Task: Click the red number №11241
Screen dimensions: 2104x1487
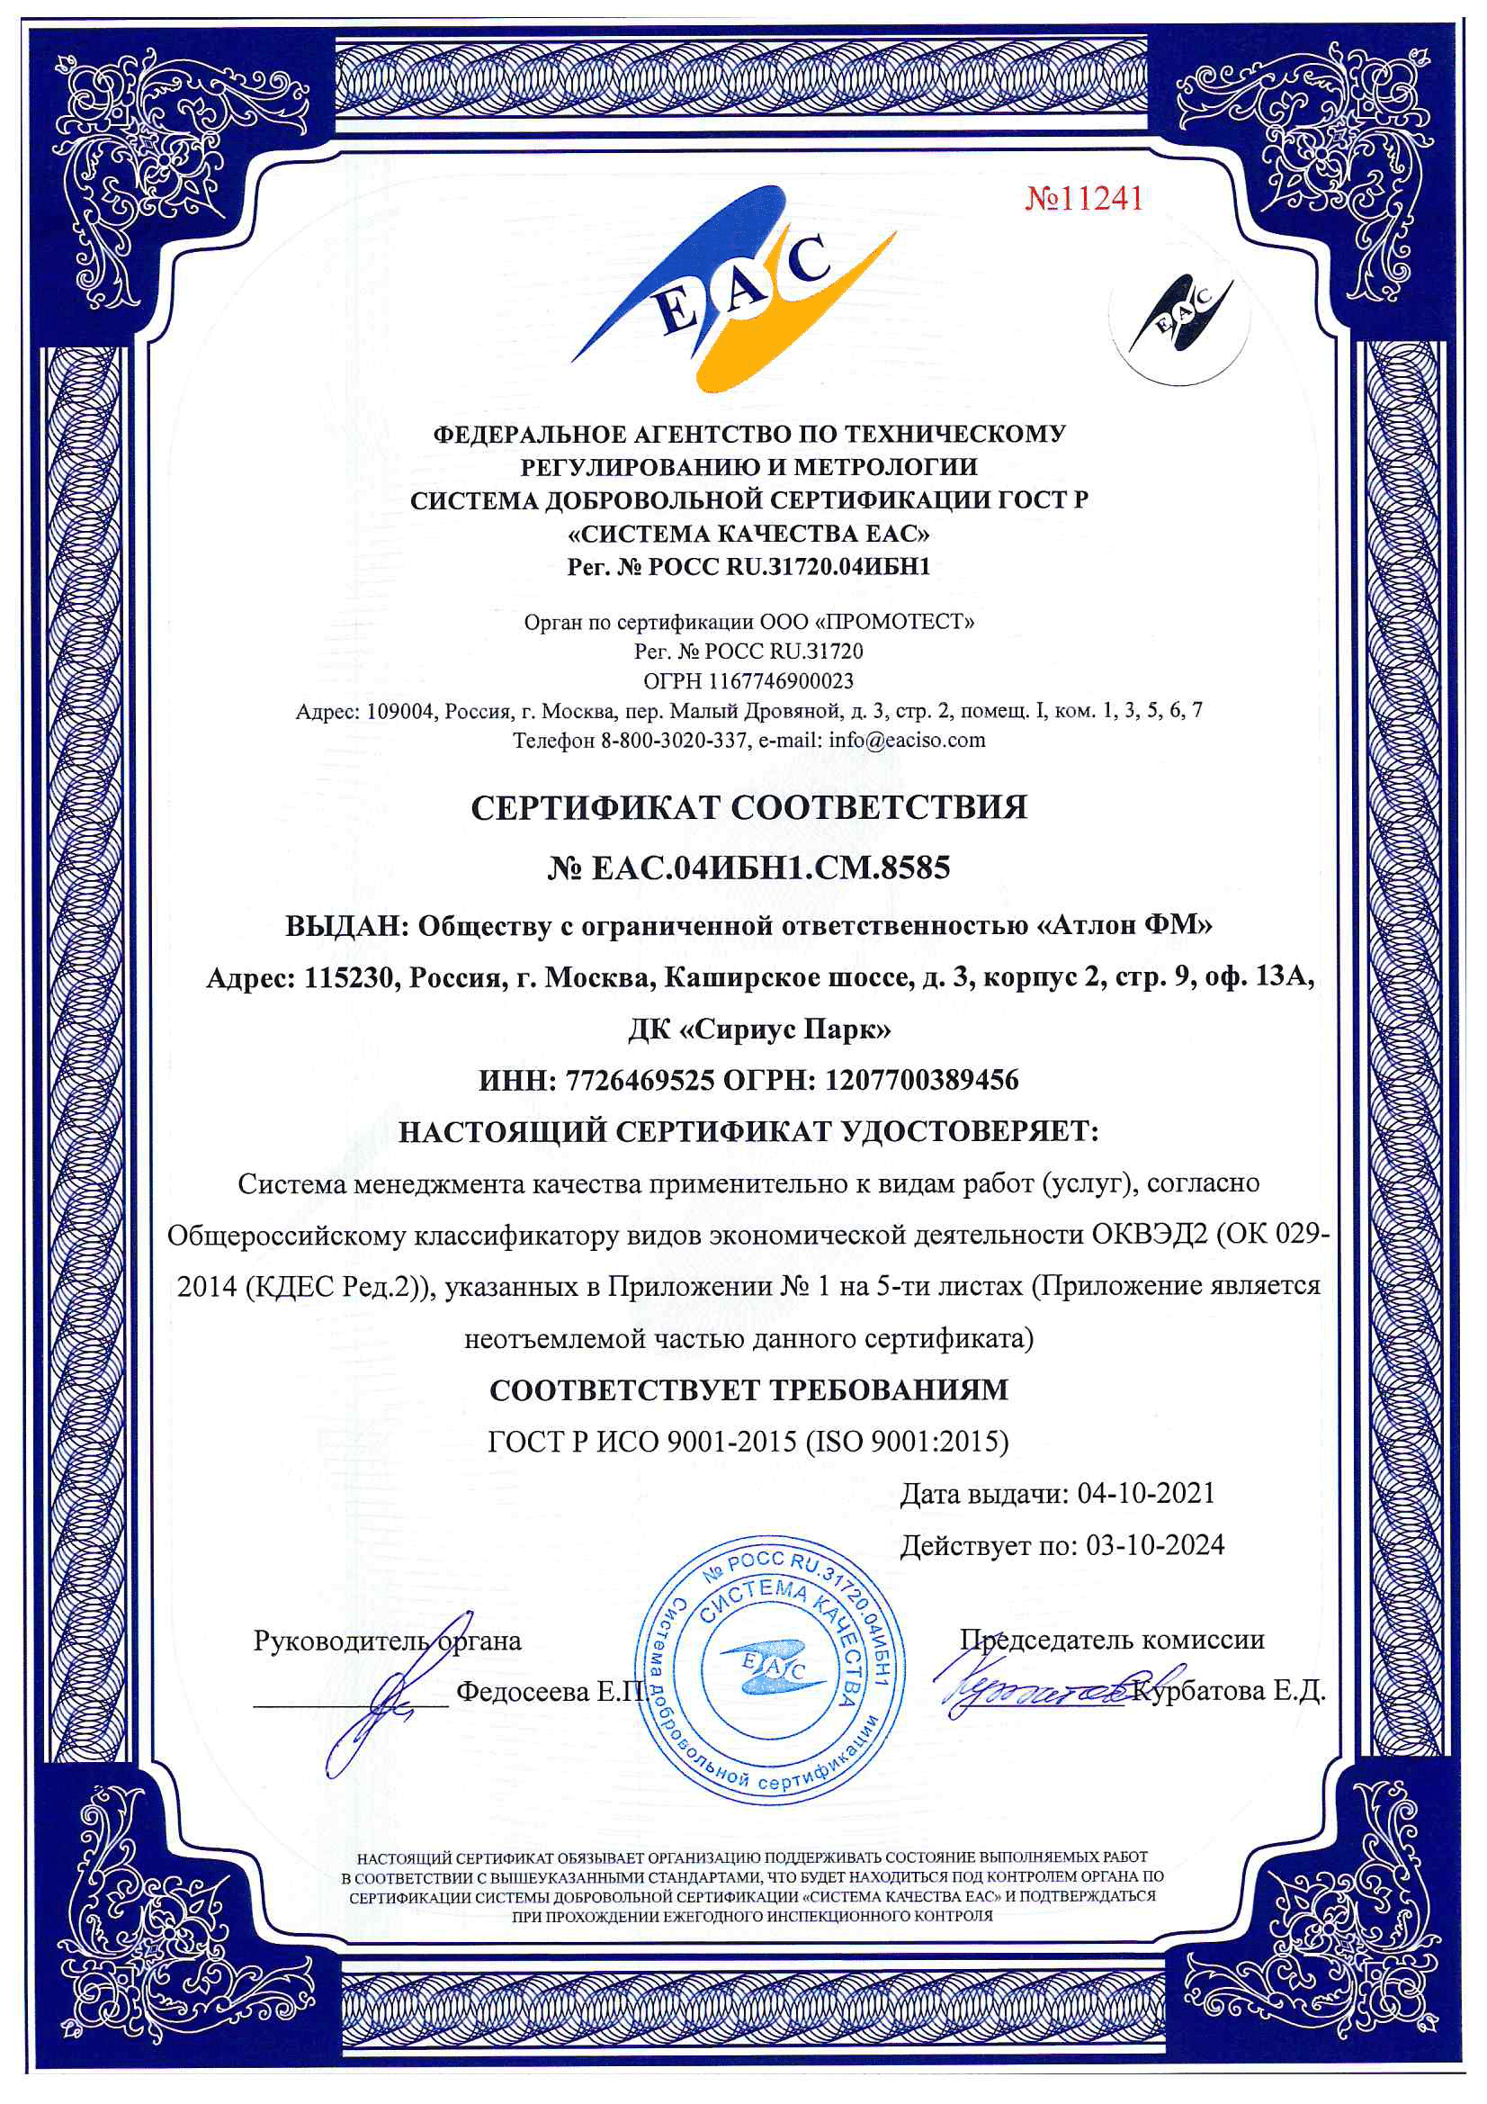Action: click(1083, 198)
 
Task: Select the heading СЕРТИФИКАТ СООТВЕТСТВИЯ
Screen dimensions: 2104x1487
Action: click(748, 807)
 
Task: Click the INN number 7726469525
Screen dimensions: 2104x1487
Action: click(640, 1081)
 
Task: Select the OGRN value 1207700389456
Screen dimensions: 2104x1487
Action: click(922, 1081)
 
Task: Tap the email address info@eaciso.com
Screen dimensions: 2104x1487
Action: click(907, 740)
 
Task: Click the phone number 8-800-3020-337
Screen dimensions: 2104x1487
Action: click(674, 740)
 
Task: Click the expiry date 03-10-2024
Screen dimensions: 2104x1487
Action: click(1154, 1546)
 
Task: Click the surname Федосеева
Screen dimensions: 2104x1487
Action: click(523, 1691)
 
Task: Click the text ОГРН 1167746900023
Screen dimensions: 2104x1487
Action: click(748, 681)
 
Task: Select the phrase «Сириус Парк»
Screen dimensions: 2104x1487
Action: click(785, 1030)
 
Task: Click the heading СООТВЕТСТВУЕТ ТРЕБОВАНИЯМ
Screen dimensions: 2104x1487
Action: click(748, 1390)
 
